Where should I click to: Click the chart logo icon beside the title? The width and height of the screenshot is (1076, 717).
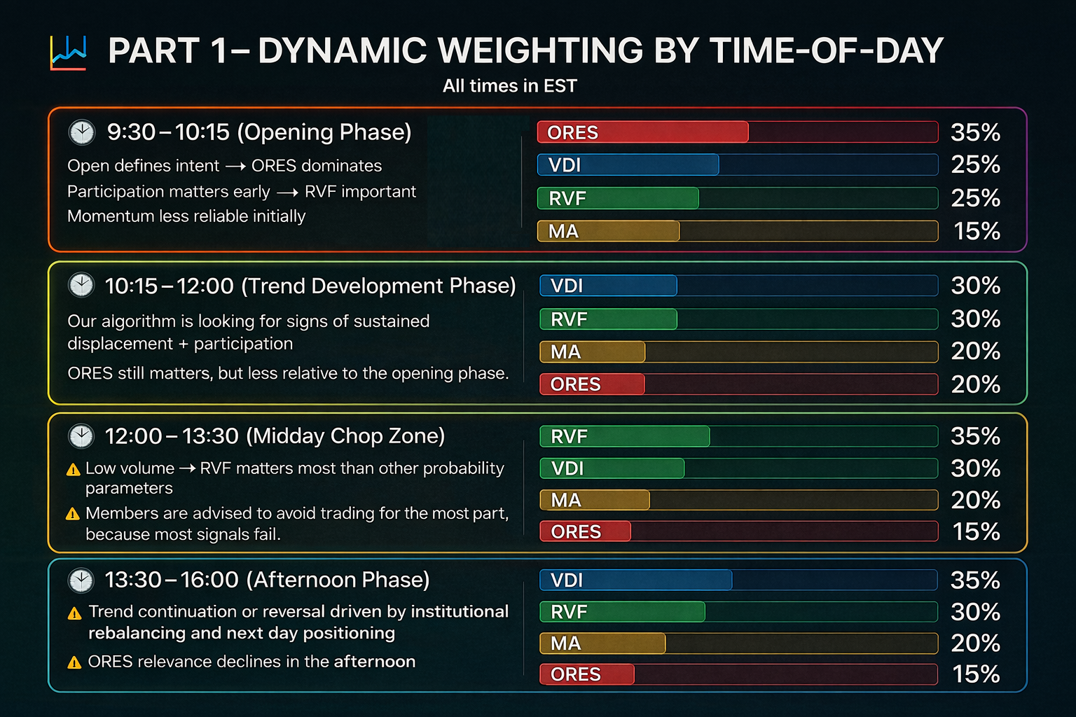[x=68, y=53]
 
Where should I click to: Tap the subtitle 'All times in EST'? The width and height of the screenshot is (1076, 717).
[x=509, y=86]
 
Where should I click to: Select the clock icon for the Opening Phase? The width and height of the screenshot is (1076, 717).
[x=82, y=132]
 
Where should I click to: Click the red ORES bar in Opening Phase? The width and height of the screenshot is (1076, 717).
[x=642, y=132]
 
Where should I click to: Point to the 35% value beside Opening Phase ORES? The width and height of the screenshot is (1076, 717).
[x=975, y=132]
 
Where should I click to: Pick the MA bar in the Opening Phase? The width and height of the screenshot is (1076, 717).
[x=608, y=231]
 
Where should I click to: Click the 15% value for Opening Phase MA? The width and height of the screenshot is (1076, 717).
[x=977, y=231]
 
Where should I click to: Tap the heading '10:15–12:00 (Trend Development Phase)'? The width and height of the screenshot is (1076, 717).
[x=310, y=286]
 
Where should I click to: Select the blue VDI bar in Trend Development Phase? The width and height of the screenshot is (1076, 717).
[x=608, y=286]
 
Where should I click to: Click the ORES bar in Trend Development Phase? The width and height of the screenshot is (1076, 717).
[x=592, y=384]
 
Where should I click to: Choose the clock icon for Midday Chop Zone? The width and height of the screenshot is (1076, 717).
[x=81, y=436]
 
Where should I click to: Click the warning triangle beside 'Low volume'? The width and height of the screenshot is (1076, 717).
[x=73, y=469]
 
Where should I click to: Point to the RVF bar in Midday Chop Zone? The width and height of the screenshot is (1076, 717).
[x=624, y=436]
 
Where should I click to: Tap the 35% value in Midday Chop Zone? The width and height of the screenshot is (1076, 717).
[x=975, y=436]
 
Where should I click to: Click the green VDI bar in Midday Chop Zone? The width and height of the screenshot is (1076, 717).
[x=612, y=468]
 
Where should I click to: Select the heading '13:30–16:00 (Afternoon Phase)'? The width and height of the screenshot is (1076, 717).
[x=267, y=580]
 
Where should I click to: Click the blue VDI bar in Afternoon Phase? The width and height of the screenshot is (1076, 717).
[x=635, y=580]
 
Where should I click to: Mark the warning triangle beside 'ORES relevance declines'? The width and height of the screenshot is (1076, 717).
[x=74, y=662]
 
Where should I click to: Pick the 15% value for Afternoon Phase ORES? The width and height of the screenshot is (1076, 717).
[x=976, y=674]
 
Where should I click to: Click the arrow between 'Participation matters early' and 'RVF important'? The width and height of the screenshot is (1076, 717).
[x=287, y=193]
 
